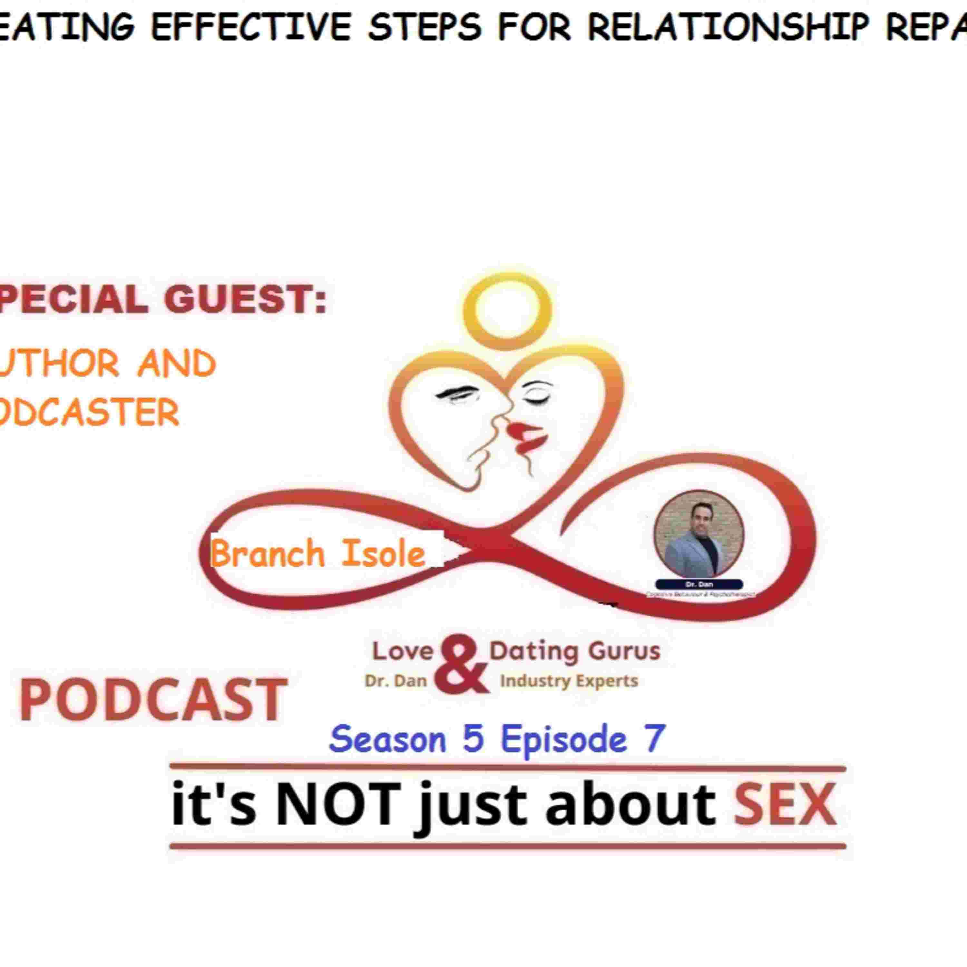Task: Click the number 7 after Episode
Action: [655, 738]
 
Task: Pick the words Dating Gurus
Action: [575, 651]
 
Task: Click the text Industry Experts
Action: [569, 681]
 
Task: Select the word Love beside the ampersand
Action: [402, 651]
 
